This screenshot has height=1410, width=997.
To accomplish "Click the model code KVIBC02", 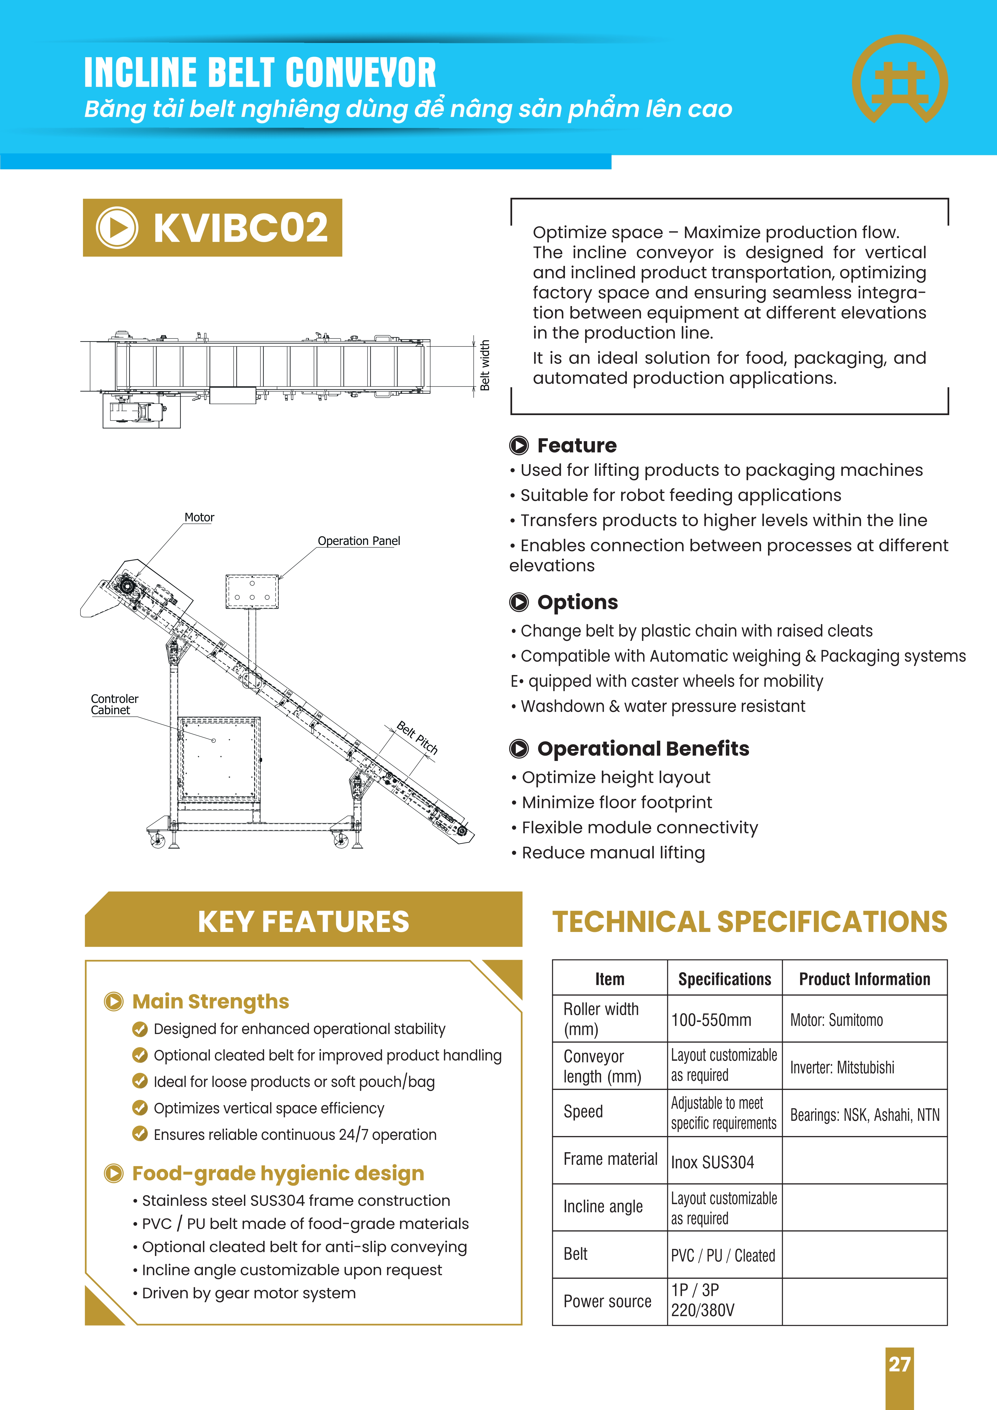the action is click(x=241, y=228).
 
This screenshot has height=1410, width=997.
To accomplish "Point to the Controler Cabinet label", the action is click(x=115, y=704).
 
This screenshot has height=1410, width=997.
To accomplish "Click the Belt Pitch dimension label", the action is click(x=417, y=737).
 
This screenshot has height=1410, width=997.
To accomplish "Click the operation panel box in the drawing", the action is click(x=252, y=591).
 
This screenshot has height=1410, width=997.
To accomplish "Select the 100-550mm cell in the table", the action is click(x=711, y=1020).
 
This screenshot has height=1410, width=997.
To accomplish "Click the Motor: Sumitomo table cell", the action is click(x=837, y=1020).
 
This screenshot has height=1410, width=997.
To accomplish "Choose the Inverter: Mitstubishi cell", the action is click(x=842, y=1067).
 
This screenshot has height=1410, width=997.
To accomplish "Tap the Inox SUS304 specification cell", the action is click(x=713, y=1162).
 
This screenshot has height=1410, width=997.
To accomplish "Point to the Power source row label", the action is click(x=608, y=1301).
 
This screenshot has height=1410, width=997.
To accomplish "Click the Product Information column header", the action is click(x=864, y=979).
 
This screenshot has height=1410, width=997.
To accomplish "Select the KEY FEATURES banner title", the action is click(x=303, y=922).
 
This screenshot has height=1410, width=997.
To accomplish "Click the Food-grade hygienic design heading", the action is click(x=278, y=1174).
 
